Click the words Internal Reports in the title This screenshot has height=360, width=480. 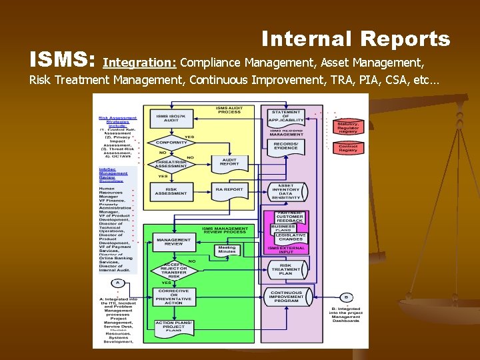tap(355, 39)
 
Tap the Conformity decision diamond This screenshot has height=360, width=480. tap(171, 143)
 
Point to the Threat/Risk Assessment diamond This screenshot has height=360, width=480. tap(171, 164)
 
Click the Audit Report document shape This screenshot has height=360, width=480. tap(229, 162)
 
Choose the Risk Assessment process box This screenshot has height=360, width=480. tap(171, 191)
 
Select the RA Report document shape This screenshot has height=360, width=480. tap(229, 190)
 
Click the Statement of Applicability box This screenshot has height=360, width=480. tap(286, 115)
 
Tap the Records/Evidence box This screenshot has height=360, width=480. tap(286, 146)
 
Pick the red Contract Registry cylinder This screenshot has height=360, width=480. tap(348, 148)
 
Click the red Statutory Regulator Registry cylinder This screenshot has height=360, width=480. tap(348, 127)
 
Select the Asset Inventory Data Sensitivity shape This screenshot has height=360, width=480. tap(286, 191)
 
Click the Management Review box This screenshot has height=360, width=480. tap(173, 242)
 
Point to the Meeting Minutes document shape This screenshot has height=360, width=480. tap(227, 249)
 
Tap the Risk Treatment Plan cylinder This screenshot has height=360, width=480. tap(286, 269)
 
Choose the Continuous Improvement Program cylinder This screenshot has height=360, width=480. tap(286, 297)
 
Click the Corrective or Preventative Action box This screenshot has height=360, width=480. tap(173, 297)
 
